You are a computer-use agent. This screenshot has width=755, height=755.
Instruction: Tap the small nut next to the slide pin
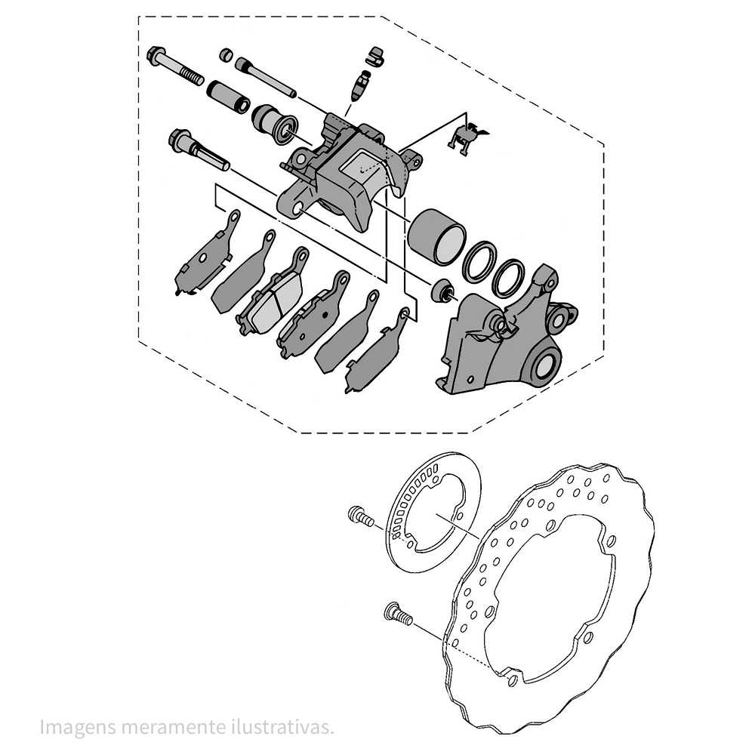tap(225, 54)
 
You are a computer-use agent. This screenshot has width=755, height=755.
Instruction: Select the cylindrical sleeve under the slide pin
tap(227, 97)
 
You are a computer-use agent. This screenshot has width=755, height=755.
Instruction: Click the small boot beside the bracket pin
tap(441, 290)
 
